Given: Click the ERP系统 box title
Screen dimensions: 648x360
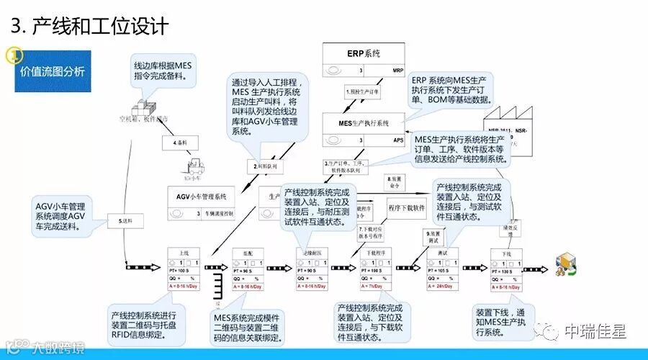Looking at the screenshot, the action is (364, 54).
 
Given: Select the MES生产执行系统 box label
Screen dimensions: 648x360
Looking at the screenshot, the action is (364, 123).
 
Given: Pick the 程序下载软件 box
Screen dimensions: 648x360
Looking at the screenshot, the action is (411, 208).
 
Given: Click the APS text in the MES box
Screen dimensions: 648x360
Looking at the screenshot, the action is (398, 140).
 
